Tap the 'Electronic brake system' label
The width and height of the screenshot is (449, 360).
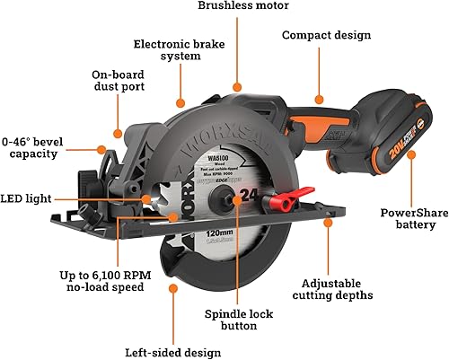click(179, 51)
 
